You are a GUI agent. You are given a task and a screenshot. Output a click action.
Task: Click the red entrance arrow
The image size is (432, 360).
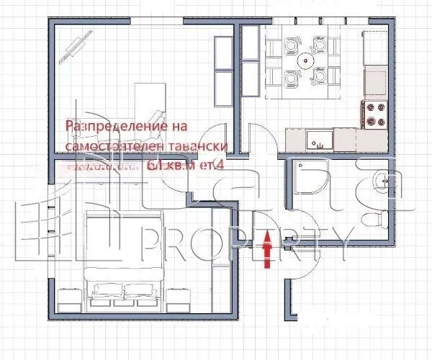pos(268,250)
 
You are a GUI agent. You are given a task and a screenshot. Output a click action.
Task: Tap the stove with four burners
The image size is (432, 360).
pos(374,113)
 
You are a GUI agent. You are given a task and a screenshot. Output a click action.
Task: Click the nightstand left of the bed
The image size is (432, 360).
pos(68,297)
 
